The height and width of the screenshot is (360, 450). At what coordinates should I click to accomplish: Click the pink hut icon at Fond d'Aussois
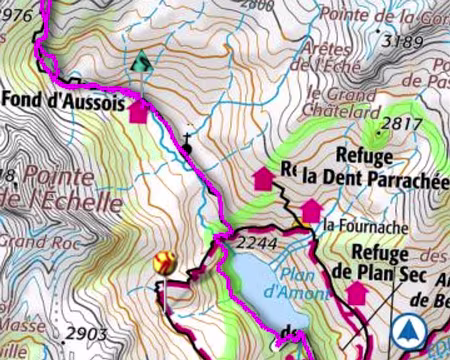(x=138, y=112)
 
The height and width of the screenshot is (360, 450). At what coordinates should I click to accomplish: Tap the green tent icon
(x=142, y=62)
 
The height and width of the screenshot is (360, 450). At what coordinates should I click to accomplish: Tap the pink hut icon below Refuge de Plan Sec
(x=356, y=293)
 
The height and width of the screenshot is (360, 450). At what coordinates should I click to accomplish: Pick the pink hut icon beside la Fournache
(x=311, y=211)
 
